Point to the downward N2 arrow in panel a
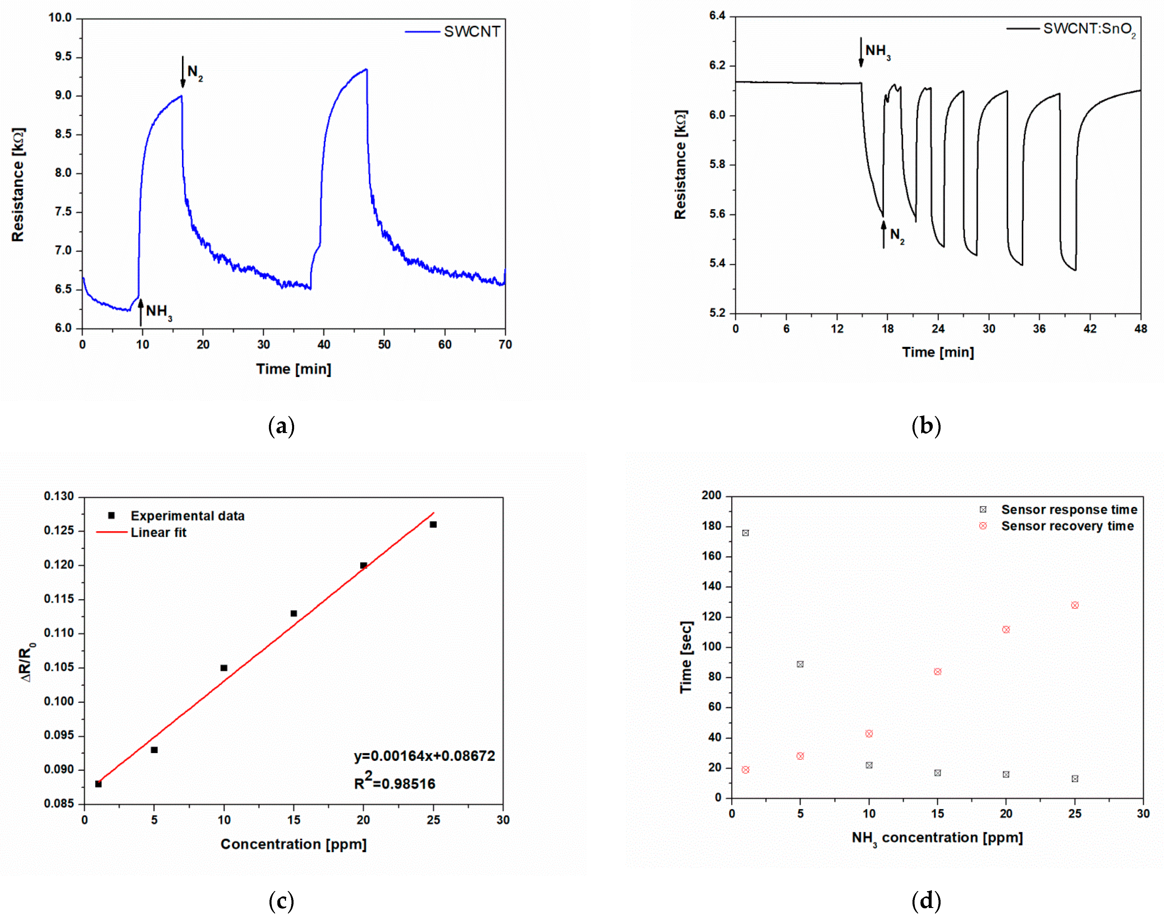pyautogui.click(x=183, y=72)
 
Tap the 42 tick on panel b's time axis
pyautogui.click(x=1090, y=329)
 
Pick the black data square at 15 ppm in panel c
pyautogui.click(x=294, y=613)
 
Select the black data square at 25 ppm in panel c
pyautogui.click(x=433, y=525)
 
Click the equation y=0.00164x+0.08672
pyautogui.click(x=425, y=756)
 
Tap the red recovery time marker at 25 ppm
pyautogui.click(x=1075, y=605)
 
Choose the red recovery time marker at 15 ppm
pyautogui.click(x=938, y=671)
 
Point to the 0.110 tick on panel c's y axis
pyautogui.click(x=59, y=633)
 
